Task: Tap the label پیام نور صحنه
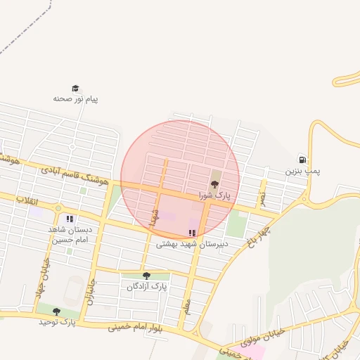coord(75,99)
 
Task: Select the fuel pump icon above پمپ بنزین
coord(302,160)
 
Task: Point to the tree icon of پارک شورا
coord(214,185)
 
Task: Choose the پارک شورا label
coord(214,195)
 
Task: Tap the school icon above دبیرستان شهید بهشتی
coord(192,233)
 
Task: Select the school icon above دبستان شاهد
coord(70,219)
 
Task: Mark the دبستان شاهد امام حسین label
coord(68,234)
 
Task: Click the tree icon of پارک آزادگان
coord(146,276)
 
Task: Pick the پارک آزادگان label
coord(148,287)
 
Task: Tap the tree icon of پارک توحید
coord(56,311)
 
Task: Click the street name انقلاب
coord(29,201)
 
